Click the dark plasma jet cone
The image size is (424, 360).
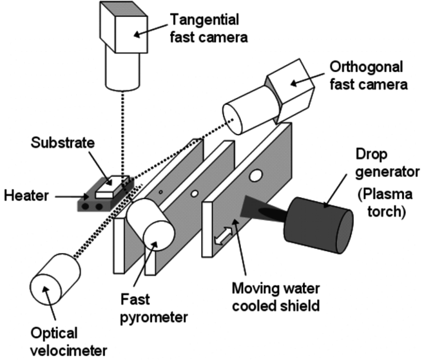pyautogui.click(x=258, y=210)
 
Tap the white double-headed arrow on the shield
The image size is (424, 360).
pyautogui.click(x=222, y=236)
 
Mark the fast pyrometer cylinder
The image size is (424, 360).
pyautogui.click(x=149, y=225)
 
